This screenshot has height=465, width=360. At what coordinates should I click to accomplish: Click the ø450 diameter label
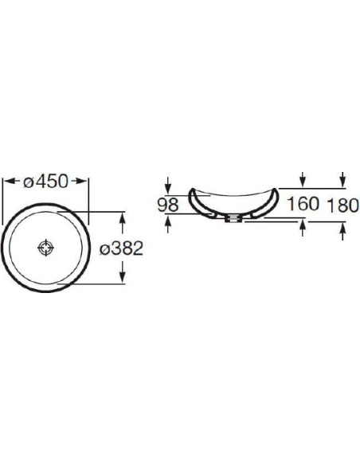tap(46, 182)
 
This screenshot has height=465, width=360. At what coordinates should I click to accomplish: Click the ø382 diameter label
tap(121, 248)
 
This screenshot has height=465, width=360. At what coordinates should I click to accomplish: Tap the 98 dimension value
tap(168, 205)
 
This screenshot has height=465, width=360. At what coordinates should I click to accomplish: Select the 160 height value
tap(303, 204)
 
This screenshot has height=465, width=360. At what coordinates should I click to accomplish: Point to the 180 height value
tap(343, 205)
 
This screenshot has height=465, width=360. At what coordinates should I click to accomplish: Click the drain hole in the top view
tap(46, 248)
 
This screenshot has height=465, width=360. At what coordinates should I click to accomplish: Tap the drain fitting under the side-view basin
tap(233, 219)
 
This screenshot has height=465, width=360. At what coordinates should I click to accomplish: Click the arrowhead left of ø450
tap(10, 181)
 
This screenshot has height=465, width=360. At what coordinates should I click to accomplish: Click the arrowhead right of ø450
tap(81, 181)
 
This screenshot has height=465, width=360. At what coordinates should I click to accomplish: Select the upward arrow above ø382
tap(122, 222)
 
